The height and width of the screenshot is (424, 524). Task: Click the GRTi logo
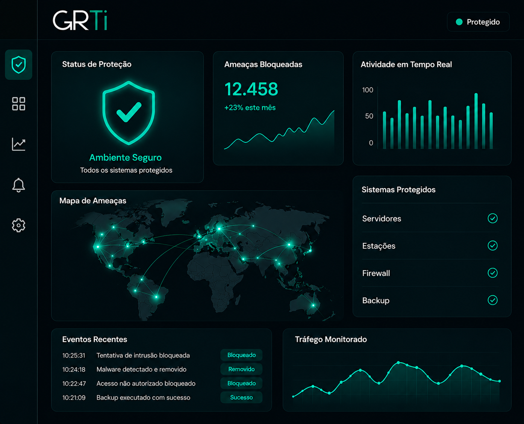click(x=80, y=20)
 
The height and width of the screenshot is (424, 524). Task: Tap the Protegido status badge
click(x=478, y=22)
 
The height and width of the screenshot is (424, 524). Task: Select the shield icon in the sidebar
click(x=19, y=65)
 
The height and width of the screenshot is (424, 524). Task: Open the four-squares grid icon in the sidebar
click(x=19, y=103)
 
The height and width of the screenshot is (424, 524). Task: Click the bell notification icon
click(x=18, y=185)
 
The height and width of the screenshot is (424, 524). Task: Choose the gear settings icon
click(x=18, y=225)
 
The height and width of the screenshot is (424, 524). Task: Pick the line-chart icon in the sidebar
click(x=18, y=144)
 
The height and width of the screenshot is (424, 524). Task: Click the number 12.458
click(x=251, y=89)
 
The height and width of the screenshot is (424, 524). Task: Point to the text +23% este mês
click(x=250, y=108)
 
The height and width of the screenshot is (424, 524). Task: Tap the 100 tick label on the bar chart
click(x=368, y=90)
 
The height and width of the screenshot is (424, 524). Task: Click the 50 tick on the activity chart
click(x=369, y=116)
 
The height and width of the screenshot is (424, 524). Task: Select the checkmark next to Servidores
click(x=492, y=218)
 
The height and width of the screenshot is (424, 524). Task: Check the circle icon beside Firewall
click(x=492, y=273)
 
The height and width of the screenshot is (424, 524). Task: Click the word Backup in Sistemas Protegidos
click(x=376, y=301)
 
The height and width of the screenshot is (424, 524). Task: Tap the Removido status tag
click(x=241, y=369)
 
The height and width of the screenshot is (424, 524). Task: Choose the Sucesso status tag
click(x=241, y=397)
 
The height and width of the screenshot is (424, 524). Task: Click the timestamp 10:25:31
click(x=74, y=355)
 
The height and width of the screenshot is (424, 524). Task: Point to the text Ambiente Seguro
click(x=126, y=157)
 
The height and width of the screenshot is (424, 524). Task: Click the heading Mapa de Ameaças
click(x=93, y=201)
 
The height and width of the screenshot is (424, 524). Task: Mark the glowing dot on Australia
click(x=313, y=306)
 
